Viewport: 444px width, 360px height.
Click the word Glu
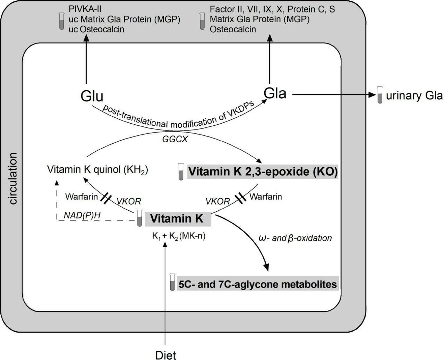click(x=92, y=96)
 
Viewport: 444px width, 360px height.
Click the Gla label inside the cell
click(x=275, y=93)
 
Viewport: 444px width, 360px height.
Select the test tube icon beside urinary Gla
click(x=380, y=95)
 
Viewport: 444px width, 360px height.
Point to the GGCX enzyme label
click(x=175, y=139)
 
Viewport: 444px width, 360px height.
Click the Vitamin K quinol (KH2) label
click(x=97, y=170)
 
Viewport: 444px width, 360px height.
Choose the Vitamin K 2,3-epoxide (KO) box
click(x=262, y=171)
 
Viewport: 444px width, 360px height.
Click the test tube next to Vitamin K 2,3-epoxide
click(x=180, y=172)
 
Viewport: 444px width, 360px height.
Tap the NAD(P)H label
click(x=82, y=215)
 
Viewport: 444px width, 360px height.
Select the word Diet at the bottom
click(x=165, y=355)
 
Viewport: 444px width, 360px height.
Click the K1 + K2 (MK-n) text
click(x=179, y=236)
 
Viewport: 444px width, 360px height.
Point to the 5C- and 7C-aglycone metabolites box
click(x=257, y=284)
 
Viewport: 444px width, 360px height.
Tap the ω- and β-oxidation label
click(x=295, y=238)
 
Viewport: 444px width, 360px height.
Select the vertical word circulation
click(x=13, y=179)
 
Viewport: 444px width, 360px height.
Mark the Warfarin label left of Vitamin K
click(x=82, y=197)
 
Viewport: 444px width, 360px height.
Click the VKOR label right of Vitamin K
click(x=217, y=201)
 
